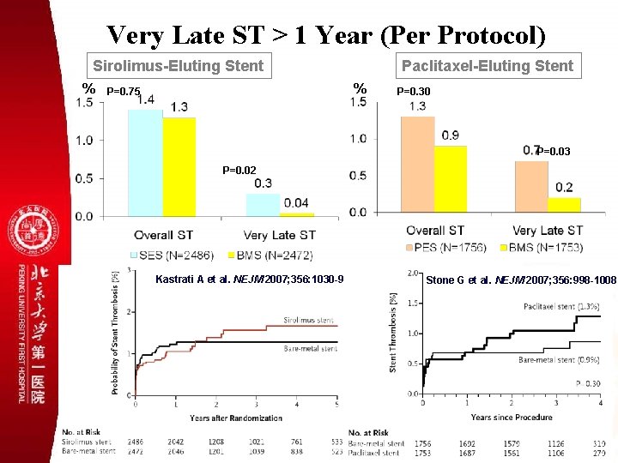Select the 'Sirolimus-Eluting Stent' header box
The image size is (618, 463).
[179, 65]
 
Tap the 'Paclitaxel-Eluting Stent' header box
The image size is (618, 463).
[488, 65]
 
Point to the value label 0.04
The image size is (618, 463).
[296, 202]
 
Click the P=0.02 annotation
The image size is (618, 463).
[239, 170]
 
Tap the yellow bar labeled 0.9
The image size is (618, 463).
[451, 178]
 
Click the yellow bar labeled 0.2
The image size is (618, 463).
[564, 205]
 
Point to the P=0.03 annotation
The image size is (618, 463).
[554, 152]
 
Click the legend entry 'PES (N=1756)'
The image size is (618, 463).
[443, 247]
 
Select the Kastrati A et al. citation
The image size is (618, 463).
[250, 280]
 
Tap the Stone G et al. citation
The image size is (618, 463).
[521, 280]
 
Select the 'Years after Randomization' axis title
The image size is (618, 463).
[235, 418]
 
